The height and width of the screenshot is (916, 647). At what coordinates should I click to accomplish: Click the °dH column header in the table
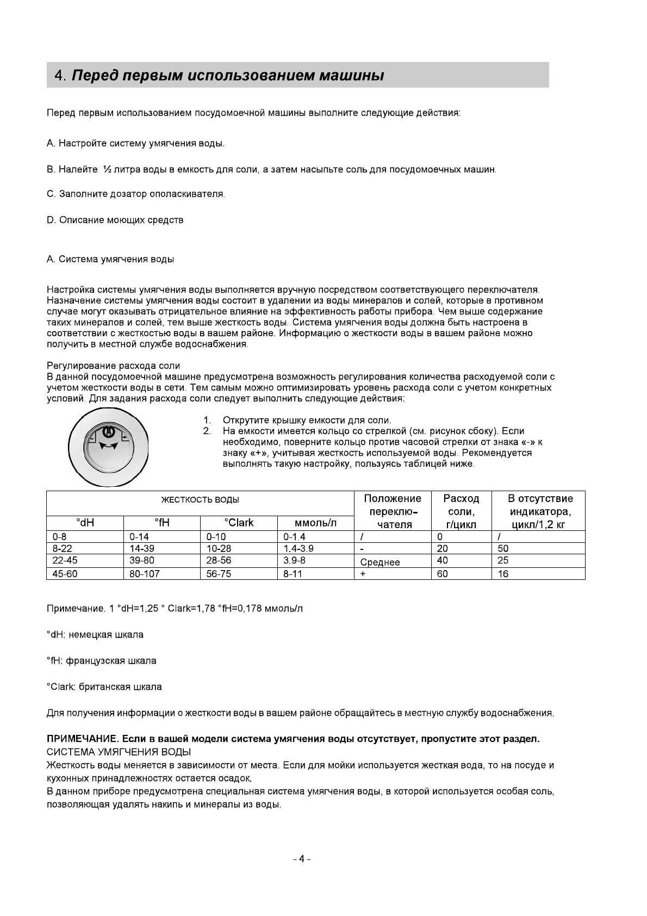85,523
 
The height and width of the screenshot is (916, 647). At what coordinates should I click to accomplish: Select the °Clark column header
239,523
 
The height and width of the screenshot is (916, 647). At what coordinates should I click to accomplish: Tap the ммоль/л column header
315,523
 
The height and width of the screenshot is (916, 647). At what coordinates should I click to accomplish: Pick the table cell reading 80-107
145,574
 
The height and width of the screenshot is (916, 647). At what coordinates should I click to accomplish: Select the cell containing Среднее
380,562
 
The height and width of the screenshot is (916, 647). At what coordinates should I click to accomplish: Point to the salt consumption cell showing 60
443,574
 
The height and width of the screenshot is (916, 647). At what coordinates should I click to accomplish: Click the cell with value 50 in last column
503,549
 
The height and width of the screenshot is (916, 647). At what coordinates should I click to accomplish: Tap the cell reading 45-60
65,574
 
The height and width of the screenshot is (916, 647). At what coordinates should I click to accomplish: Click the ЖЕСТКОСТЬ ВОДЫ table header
200,500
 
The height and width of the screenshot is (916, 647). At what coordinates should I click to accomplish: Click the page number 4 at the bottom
301,859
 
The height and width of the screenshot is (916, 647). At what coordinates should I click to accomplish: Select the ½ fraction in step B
107,170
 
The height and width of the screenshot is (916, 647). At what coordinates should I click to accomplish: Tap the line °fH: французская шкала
102,661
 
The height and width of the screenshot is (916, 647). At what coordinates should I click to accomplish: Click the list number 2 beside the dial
207,431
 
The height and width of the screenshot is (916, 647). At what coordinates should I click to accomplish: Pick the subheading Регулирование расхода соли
113,366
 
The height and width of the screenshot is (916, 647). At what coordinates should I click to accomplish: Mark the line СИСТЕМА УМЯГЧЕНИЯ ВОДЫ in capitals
119,752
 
